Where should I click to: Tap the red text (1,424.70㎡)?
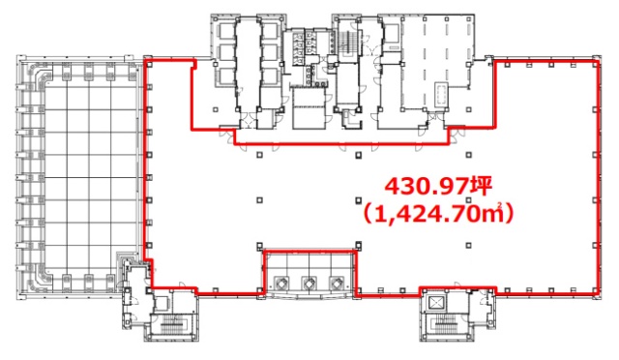coord(438,214)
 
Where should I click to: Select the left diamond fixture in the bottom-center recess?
coord(281,283)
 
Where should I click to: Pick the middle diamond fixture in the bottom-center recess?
coord(309,283)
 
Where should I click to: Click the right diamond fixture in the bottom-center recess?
coord(337,283)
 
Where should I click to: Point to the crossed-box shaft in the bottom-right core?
coord(435,303)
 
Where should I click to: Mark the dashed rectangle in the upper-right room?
coord(442,94)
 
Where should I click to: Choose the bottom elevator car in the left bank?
coord(224,75)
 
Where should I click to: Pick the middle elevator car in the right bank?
coord(270,53)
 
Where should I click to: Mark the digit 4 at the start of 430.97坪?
coord(392,187)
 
